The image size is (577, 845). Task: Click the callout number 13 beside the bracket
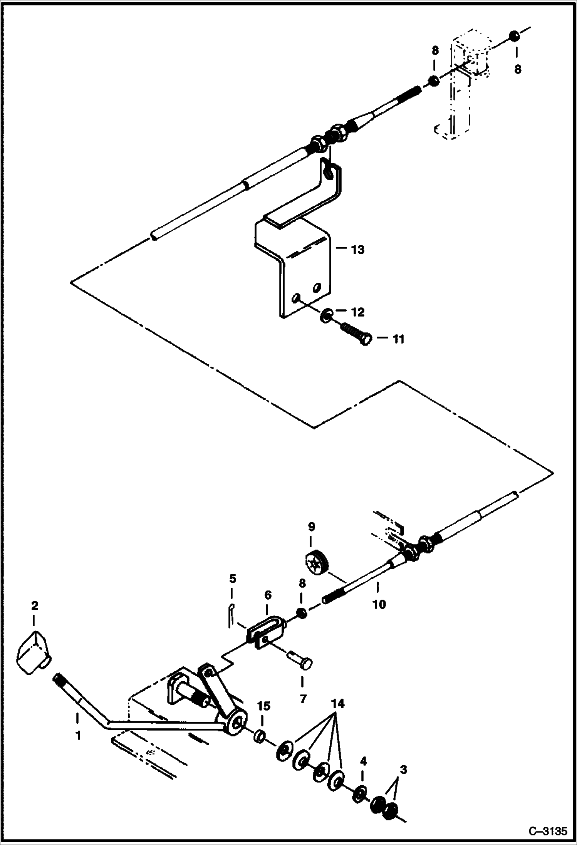[x=358, y=250]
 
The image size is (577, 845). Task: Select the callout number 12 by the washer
[x=358, y=312]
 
